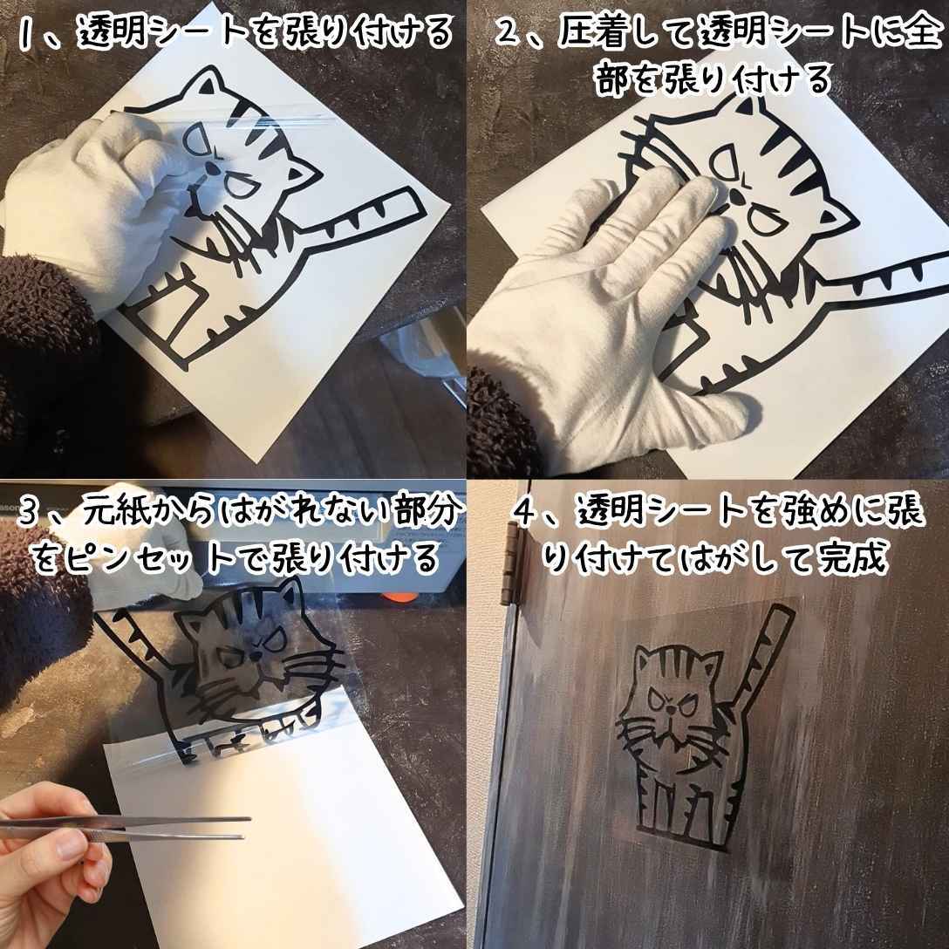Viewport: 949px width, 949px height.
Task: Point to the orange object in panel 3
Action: pos(400,597)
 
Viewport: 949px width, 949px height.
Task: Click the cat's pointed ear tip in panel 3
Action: pos(296,580)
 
